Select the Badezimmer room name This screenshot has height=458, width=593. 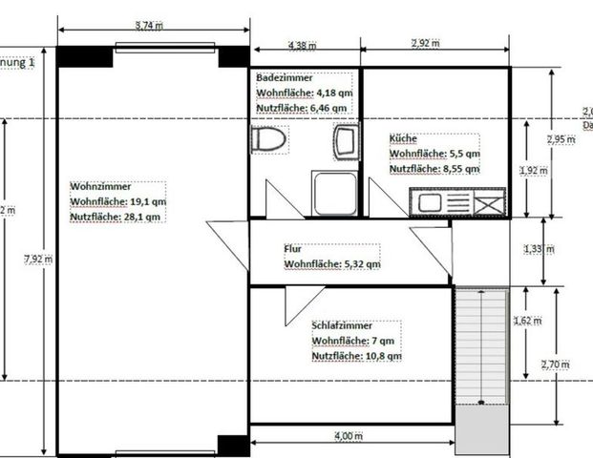(x=283, y=76)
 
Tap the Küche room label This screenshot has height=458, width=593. (x=402, y=138)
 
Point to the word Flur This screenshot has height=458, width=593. (x=293, y=248)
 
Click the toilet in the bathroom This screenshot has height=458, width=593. (x=270, y=139)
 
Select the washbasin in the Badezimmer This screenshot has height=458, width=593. (x=344, y=142)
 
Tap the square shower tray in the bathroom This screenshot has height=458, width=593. (x=334, y=195)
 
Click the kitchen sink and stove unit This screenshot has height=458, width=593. (x=455, y=203)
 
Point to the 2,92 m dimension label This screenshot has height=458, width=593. (x=424, y=44)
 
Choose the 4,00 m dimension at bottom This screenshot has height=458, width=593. (x=349, y=436)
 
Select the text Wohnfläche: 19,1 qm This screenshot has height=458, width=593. (x=117, y=202)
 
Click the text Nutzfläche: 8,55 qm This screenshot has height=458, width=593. (x=434, y=169)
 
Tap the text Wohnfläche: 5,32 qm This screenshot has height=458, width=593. (x=332, y=263)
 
